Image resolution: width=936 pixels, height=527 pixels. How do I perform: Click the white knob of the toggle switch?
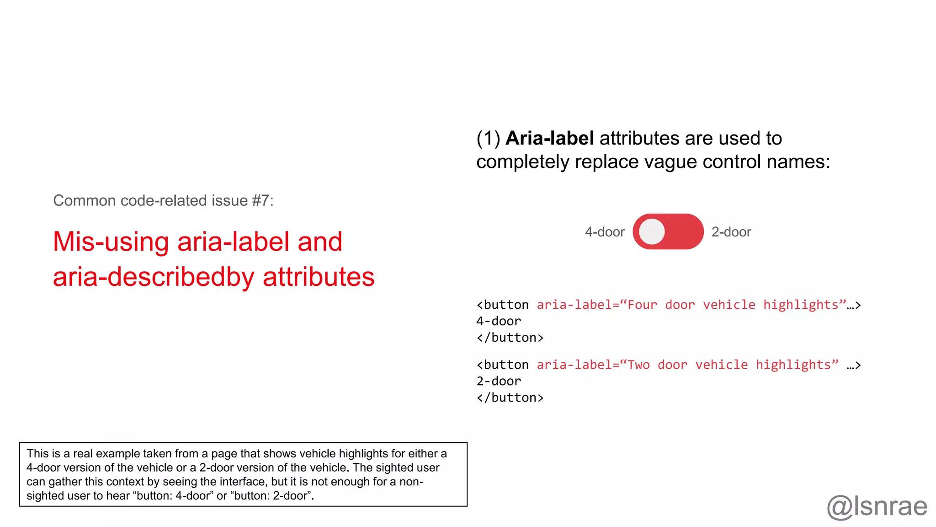tap(652, 231)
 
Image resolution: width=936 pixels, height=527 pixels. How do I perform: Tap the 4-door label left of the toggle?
tap(605, 232)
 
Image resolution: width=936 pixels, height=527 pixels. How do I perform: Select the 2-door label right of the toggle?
tap(731, 232)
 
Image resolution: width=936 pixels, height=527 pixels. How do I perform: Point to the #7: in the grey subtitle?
tap(263, 200)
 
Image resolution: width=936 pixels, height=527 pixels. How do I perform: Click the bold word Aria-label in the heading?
tap(549, 138)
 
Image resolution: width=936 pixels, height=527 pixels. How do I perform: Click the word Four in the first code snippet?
tap(642, 305)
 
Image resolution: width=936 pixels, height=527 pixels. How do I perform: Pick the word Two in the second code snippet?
tap(638, 365)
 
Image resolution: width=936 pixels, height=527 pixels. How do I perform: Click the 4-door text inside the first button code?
tap(499, 321)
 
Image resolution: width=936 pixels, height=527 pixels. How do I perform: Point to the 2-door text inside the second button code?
tap(499, 381)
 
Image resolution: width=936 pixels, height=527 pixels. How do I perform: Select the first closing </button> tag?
tap(510, 338)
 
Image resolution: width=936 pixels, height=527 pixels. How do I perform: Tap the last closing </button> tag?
tap(510, 398)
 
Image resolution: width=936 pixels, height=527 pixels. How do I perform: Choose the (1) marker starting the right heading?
tap(488, 138)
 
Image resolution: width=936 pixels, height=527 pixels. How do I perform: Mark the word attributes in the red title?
tap(319, 277)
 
